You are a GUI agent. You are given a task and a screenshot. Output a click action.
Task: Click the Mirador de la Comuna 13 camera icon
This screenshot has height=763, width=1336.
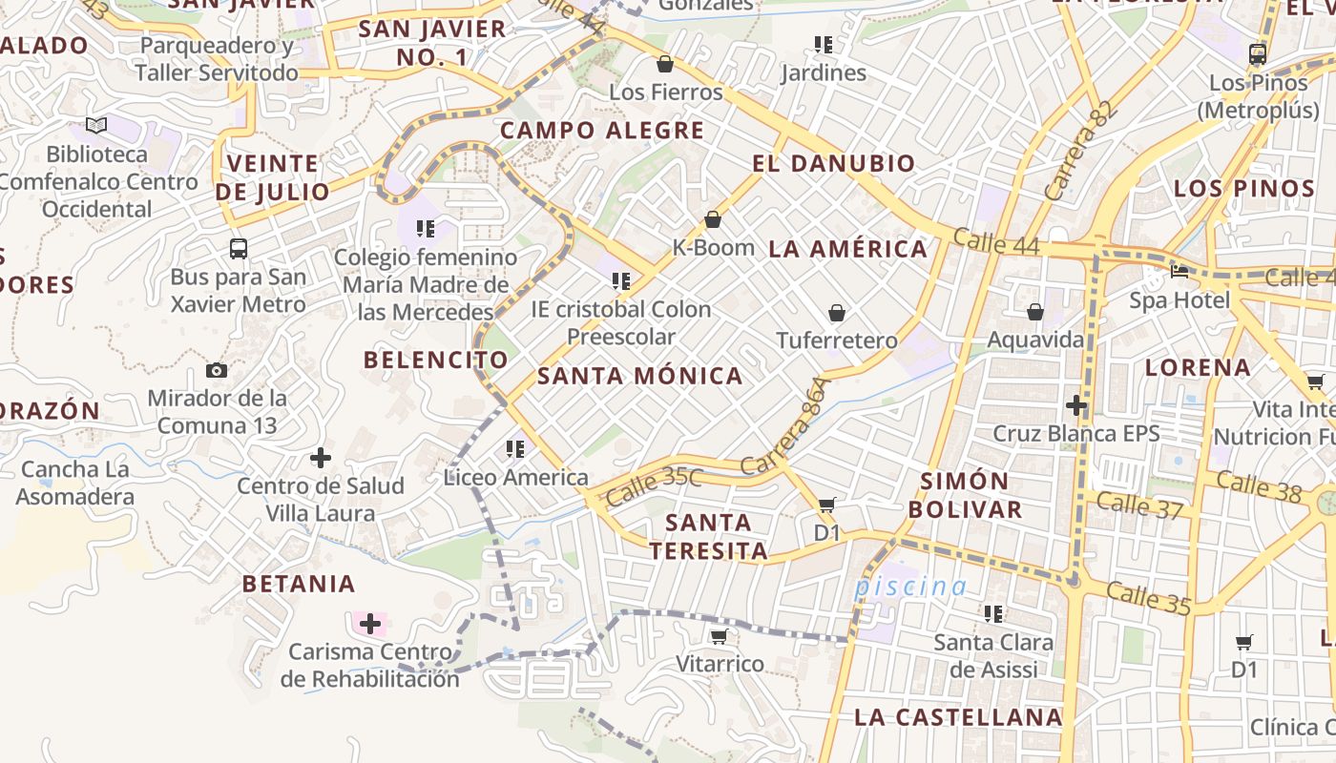point(217,370)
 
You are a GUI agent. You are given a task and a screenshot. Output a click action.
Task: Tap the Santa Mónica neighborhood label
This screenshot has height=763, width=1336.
point(640,376)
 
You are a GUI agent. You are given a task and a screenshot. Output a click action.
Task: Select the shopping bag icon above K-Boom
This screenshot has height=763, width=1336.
point(713,220)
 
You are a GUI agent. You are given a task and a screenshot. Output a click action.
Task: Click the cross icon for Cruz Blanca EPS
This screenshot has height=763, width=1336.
point(1076,405)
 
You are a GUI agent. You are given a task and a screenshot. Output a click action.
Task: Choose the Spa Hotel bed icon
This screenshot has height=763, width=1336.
point(1179,271)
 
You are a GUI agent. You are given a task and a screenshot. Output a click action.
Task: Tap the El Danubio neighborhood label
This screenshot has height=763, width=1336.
point(833,163)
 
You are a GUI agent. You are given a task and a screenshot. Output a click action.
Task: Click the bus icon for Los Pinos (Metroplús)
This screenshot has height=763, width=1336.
point(1258,54)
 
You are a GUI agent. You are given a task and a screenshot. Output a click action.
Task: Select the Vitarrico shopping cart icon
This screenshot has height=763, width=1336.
point(719,636)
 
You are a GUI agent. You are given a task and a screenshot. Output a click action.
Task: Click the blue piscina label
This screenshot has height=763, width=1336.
point(910,587)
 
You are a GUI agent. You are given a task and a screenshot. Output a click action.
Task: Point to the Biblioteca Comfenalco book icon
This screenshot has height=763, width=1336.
point(95,125)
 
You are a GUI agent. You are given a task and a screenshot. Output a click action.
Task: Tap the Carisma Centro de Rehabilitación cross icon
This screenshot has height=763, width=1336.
point(370,625)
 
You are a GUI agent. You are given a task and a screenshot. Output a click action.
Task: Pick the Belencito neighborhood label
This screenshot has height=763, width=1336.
point(436,360)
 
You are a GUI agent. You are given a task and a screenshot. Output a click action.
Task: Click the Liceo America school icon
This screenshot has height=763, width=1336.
point(515,448)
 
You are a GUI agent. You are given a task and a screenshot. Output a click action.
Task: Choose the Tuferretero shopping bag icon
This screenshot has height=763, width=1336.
point(837,313)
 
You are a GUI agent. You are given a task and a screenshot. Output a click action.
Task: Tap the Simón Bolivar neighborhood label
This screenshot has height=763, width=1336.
point(965,494)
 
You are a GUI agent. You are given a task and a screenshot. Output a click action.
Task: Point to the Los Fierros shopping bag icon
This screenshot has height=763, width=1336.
point(665,64)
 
